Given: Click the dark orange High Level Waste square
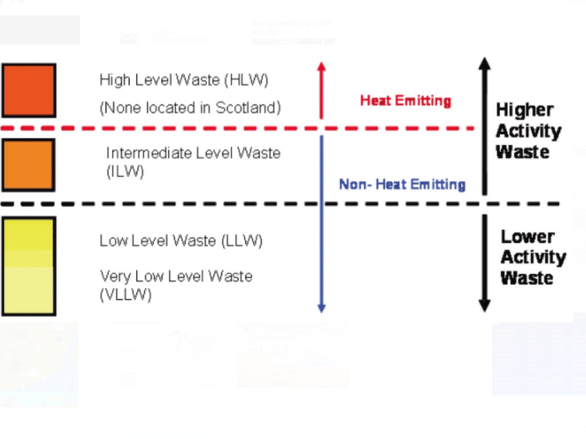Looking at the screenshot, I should click(x=29, y=90).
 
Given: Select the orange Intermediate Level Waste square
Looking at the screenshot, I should click(x=28, y=165).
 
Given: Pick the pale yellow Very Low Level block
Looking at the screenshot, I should click(x=29, y=290).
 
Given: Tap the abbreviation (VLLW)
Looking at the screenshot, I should click(x=126, y=296).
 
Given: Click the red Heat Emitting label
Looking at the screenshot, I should click(x=405, y=101).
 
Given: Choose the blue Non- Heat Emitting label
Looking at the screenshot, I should click(x=402, y=184).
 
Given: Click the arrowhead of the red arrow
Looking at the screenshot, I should click(x=321, y=66).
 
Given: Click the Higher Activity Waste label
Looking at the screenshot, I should click(x=528, y=131).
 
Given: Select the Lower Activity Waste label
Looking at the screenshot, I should click(x=532, y=257).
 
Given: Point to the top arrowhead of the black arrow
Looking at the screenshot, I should click(x=485, y=63).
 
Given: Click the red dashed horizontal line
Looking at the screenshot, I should click(x=172, y=128).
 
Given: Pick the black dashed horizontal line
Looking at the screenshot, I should click(x=172, y=203).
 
